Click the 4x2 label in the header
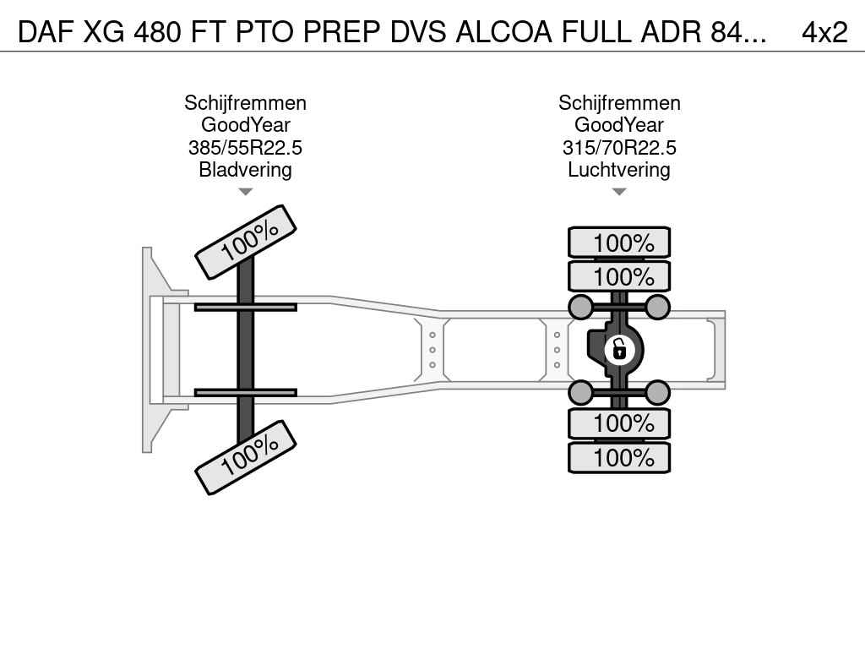(824, 32)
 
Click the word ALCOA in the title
(503, 32)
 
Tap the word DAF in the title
(46, 32)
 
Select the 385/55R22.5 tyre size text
(246, 147)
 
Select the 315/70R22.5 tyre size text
(619, 147)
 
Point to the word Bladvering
(246, 169)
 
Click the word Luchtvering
(619, 169)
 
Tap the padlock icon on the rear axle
(619, 349)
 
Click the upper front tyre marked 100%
(246, 242)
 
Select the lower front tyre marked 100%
(246, 457)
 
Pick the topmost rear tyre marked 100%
(619, 243)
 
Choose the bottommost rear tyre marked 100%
(619, 457)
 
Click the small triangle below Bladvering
(246, 192)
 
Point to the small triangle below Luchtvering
(619, 192)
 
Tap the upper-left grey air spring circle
(581, 307)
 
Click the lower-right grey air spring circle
(657, 393)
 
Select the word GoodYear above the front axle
(246, 125)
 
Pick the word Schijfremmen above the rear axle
(619, 102)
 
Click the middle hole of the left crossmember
(432, 350)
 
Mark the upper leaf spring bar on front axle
(246, 307)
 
